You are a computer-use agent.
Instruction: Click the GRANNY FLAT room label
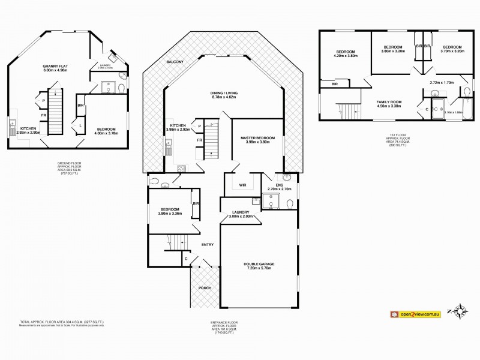pyautogui.click(x=55, y=65)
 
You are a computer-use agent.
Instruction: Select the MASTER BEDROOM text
pyautogui.click(x=257, y=138)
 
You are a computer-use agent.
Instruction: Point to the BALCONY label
pyautogui.click(x=175, y=62)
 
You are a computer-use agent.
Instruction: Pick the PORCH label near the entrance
pyautogui.click(x=206, y=288)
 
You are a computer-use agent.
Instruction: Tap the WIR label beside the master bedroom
pyautogui.click(x=242, y=185)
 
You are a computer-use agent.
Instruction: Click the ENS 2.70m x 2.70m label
pyautogui.click(x=279, y=189)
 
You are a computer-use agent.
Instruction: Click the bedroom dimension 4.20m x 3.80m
pyautogui.click(x=346, y=56)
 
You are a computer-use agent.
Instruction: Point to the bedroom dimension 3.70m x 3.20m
pyautogui.click(x=452, y=52)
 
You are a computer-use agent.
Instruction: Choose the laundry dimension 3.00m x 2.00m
pyautogui.click(x=241, y=217)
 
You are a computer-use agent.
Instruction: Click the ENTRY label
pyautogui.click(x=208, y=244)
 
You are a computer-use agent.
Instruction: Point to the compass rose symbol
pyautogui.click(x=460, y=311)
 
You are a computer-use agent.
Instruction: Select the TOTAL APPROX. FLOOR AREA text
pyautogui.click(x=60, y=322)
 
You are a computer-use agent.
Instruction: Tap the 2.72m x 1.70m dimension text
pyautogui.click(x=441, y=82)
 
